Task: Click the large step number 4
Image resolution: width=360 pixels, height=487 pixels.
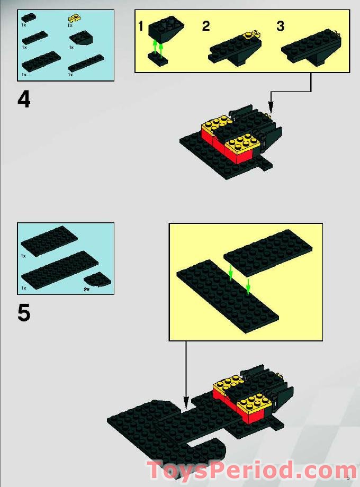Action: point(24,99)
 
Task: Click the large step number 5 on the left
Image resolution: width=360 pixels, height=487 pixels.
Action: point(24,313)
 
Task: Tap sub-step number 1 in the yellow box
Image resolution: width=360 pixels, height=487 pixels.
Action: point(141,26)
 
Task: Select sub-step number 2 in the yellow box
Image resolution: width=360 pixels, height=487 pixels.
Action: point(206,26)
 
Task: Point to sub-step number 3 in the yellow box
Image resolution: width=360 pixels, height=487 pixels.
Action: point(281,26)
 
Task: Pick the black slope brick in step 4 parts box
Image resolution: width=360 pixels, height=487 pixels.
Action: point(80,38)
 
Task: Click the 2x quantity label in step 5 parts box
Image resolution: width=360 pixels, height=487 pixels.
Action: point(86,290)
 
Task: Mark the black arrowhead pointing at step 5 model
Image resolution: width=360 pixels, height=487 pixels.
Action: point(185,400)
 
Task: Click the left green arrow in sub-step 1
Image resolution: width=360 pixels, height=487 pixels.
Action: point(155,49)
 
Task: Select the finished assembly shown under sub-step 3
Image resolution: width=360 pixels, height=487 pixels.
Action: point(310,48)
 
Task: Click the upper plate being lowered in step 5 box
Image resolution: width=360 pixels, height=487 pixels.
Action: point(267,252)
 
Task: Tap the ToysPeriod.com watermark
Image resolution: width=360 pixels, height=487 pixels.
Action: point(252,470)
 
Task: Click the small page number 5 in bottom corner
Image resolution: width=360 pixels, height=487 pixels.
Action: point(348,478)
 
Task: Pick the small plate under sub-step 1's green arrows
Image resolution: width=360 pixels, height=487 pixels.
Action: point(158,61)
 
